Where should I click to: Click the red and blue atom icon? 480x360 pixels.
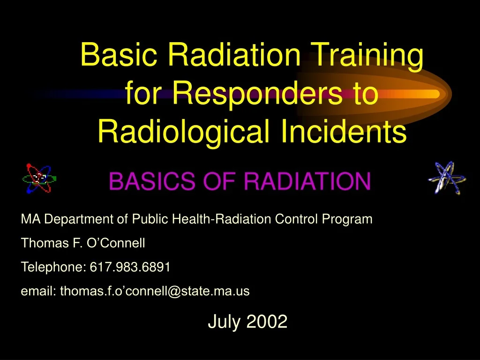(39, 179)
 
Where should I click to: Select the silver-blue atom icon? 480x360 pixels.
(447, 178)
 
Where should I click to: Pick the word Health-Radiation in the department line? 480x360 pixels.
(221, 219)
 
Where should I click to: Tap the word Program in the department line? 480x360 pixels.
(347, 220)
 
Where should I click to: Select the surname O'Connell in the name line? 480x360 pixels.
(116, 243)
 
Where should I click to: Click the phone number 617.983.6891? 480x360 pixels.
(130, 267)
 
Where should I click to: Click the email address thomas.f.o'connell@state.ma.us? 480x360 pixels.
(155, 291)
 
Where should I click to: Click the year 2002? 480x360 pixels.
(267, 322)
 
